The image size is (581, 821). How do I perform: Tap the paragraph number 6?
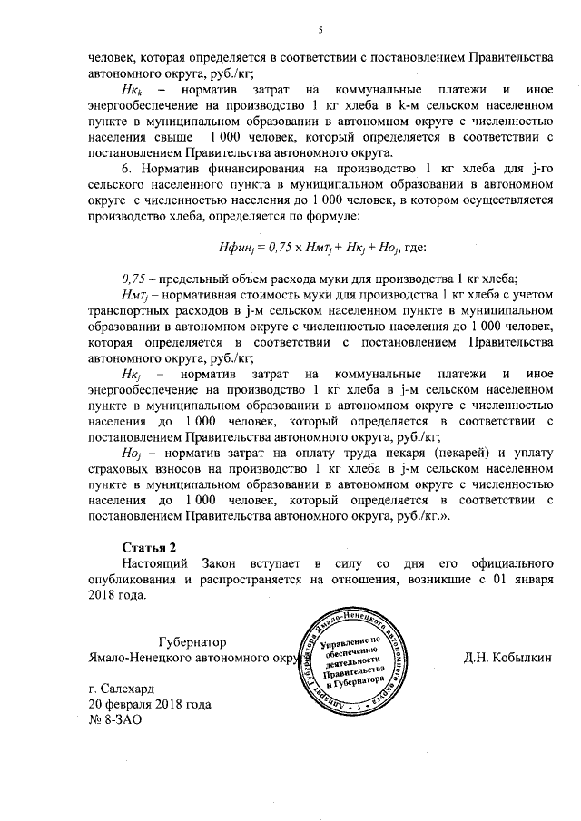tap(126, 169)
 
